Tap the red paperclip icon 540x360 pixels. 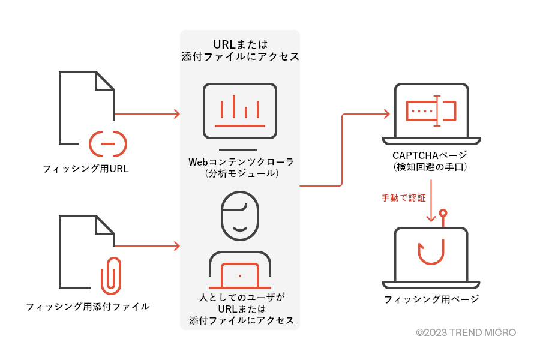110,275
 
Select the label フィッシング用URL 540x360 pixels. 86,169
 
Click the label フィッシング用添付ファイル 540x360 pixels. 88,307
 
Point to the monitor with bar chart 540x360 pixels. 240,112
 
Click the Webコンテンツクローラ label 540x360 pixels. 240,162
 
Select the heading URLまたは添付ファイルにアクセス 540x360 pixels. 240,51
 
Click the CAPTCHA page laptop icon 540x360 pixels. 431,114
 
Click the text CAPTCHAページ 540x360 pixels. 431,155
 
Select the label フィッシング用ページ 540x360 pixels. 431,299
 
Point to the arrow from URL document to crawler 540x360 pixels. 147,113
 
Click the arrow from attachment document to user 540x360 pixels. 147,246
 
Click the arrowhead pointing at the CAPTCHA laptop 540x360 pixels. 388,113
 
